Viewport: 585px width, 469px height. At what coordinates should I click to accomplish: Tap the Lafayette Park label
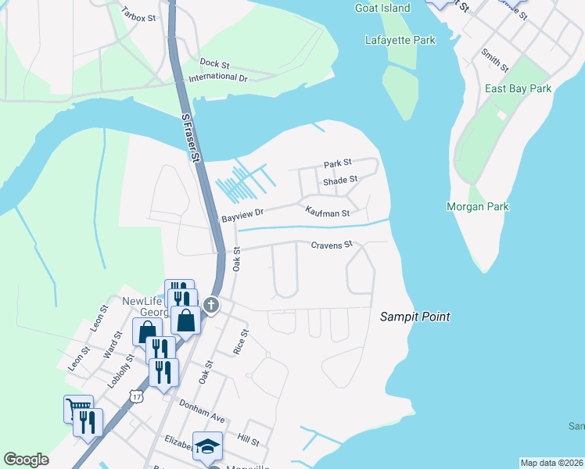[400, 39]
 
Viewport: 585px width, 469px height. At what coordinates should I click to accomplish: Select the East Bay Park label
[518, 88]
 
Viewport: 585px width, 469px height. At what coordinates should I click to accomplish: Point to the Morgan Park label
[477, 206]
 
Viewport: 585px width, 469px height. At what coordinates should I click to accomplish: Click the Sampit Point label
[415, 317]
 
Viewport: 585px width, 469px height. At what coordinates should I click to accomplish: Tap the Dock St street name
[214, 63]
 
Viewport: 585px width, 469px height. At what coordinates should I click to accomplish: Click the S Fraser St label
[189, 137]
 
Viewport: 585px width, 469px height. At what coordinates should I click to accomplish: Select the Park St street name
[338, 164]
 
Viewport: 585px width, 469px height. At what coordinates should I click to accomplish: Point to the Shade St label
[340, 180]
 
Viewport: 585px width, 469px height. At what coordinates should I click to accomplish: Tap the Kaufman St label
[326, 212]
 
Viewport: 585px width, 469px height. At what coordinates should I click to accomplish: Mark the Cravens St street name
[332, 245]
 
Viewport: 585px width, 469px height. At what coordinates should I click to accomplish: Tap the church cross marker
[210, 304]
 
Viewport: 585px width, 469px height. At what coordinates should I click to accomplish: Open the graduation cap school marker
[207, 446]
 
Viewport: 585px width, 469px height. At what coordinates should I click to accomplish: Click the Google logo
[27, 460]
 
